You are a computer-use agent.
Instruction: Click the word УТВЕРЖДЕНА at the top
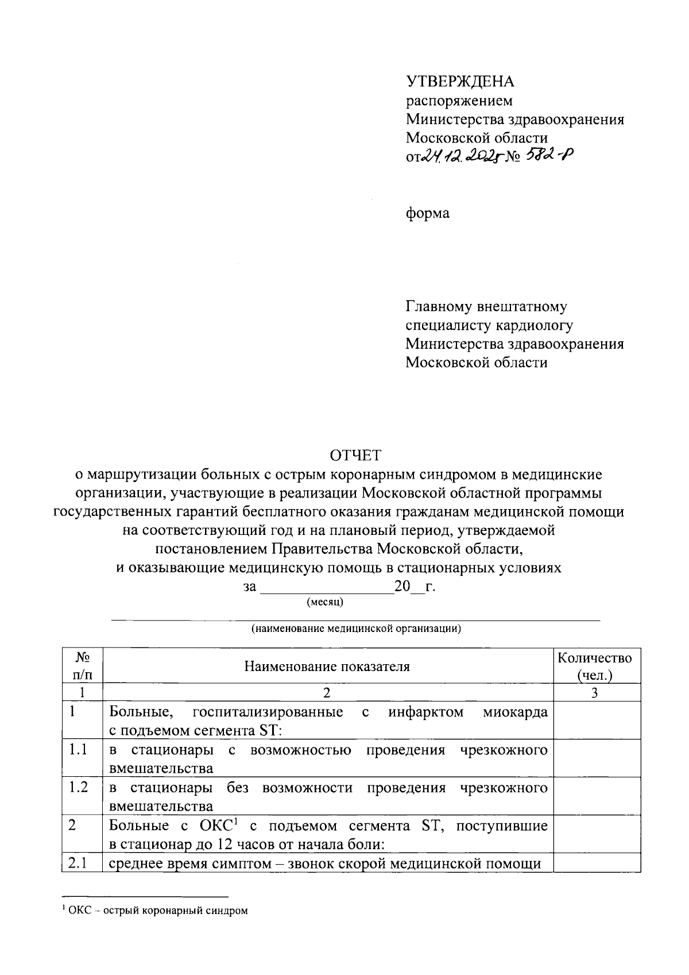point(460,82)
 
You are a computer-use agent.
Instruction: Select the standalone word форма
point(428,214)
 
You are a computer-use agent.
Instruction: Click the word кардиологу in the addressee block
point(536,326)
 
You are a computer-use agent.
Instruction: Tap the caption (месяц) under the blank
point(325,602)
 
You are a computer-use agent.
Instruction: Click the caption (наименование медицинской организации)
point(355,628)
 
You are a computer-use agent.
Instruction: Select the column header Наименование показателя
point(327,666)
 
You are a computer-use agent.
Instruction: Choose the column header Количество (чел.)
point(595,666)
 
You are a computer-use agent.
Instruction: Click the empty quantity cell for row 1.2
point(596,796)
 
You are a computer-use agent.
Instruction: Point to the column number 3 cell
point(595,693)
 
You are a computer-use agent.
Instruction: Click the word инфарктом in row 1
point(425,712)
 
